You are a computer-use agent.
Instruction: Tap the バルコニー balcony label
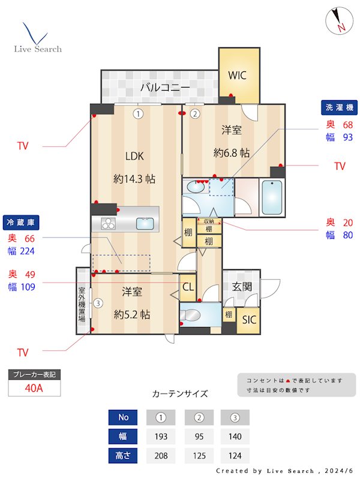tap(165, 88)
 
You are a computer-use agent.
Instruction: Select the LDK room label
tap(134, 156)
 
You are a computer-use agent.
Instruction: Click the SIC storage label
tap(249, 320)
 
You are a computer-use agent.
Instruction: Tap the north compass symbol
tap(337, 21)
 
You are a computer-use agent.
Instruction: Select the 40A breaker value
tap(34, 388)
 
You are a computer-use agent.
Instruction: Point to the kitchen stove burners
tap(108, 224)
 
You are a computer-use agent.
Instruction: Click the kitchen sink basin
tap(145, 224)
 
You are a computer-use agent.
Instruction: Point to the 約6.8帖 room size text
tap(232, 153)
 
